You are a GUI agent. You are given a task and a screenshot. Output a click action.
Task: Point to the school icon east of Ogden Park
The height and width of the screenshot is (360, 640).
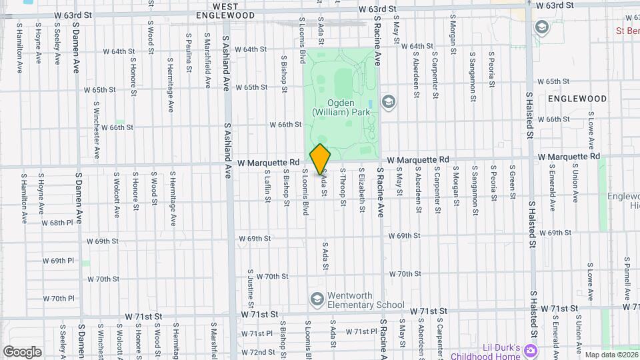[x=388, y=102]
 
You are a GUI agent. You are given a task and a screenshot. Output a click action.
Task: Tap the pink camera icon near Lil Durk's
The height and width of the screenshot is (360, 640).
[x=530, y=350]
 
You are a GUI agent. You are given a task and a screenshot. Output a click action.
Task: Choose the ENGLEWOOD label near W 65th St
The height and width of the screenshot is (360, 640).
[x=577, y=99]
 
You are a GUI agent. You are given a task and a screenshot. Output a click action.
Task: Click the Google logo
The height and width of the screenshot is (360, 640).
[x=22, y=351]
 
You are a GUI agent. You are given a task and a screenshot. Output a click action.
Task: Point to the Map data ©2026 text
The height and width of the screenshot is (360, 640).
[x=611, y=355]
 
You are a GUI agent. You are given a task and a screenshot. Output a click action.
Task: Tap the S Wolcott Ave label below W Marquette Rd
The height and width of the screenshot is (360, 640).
[x=116, y=197]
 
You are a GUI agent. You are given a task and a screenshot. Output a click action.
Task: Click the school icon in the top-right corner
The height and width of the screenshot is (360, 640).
[x=541, y=27]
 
